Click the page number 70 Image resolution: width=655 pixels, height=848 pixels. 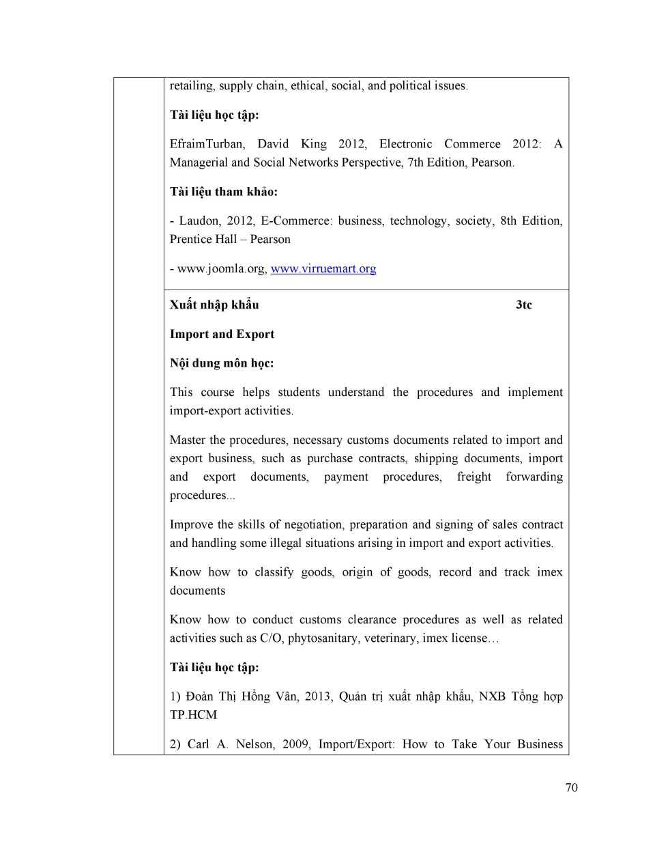point(571,788)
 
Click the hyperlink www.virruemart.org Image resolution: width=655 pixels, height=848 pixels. point(323,269)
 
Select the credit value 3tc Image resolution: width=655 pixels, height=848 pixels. point(523,305)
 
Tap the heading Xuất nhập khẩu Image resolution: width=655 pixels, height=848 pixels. point(214,305)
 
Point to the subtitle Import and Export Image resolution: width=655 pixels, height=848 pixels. point(222,335)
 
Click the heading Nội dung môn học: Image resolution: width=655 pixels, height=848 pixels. point(222,363)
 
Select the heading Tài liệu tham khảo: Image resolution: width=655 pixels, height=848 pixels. point(224,192)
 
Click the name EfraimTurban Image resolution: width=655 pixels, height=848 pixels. point(207,144)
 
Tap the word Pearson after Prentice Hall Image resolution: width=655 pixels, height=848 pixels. point(270,240)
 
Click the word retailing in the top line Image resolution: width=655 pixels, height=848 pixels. point(191,86)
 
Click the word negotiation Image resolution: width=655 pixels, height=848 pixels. point(310,525)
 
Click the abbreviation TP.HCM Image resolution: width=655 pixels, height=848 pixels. point(193,716)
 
